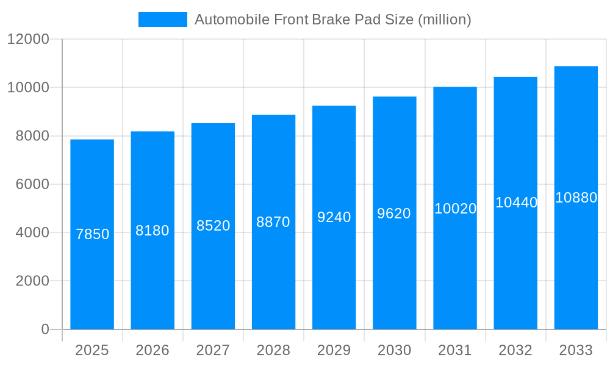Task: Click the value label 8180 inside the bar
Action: pos(152,231)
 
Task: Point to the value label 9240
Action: pos(334,217)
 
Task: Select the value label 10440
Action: pos(516,203)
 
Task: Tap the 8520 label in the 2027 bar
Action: pos(213,226)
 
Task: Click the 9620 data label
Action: pos(394,213)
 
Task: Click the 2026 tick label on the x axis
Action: pos(152,350)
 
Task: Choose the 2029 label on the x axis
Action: pos(334,350)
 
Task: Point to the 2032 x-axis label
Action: pos(515,350)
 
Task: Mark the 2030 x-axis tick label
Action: pos(394,350)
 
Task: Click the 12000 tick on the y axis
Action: pos(28,39)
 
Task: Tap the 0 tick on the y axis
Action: pos(45,329)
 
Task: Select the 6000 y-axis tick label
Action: pos(32,184)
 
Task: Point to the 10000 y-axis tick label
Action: pos(28,87)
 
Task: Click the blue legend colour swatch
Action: pos(163,20)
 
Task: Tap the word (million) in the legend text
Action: pos(444,20)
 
